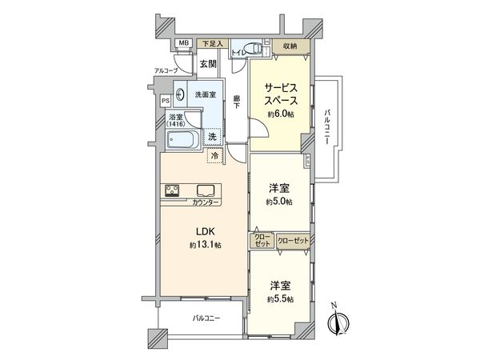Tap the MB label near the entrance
(183, 42)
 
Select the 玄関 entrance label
(208, 62)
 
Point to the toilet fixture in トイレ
(254, 50)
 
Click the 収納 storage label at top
(290, 46)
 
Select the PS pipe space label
(166, 101)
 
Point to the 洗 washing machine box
(211, 137)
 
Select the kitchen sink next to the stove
(205, 190)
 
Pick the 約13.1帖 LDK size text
(203, 244)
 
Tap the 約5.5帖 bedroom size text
(280, 298)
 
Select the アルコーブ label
(166, 70)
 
